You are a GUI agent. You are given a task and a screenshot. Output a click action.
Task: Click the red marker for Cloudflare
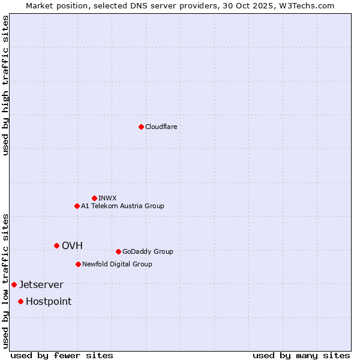pyautogui.click(x=141, y=127)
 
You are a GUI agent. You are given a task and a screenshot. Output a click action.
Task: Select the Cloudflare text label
pyautogui.click(x=161, y=127)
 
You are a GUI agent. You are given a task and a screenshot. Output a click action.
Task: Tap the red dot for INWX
pyautogui.click(x=94, y=198)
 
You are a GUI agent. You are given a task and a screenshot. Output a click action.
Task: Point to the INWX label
pyautogui.click(x=107, y=198)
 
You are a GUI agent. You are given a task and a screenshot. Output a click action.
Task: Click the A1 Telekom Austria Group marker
pyautogui.click(x=77, y=206)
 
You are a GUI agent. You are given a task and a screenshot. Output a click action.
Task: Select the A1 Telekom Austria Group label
pyautogui.click(x=122, y=206)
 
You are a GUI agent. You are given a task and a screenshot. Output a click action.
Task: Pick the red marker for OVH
pyautogui.click(x=56, y=245)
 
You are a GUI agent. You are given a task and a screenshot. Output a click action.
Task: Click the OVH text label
pyautogui.click(x=72, y=245)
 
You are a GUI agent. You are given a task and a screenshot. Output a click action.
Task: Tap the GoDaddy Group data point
pyautogui.click(x=118, y=251)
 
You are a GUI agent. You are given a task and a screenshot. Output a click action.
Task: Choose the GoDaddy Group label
pyautogui.click(x=148, y=251)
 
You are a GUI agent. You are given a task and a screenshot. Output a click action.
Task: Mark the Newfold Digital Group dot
pyautogui.click(x=78, y=264)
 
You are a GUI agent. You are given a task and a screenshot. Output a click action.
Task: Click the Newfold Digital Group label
pyautogui.click(x=117, y=264)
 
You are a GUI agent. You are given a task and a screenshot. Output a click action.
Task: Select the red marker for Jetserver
pyautogui.click(x=14, y=284)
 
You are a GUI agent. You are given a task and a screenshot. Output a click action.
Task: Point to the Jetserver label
pyautogui.click(x=41, y=284)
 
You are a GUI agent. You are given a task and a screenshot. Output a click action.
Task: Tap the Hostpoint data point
pyautogui.click(x=20, y=301)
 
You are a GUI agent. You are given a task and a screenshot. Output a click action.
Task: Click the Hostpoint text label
pyautogui.click(x=49, y=301)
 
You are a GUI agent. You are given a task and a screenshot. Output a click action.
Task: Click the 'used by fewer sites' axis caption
pyautogui.click(x=62, y=355)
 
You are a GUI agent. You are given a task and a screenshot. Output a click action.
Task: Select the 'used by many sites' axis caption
pyautogui.click(x=301, y=355)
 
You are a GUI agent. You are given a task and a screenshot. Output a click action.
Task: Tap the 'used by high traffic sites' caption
pyautogui.click(x=5, y=85)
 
